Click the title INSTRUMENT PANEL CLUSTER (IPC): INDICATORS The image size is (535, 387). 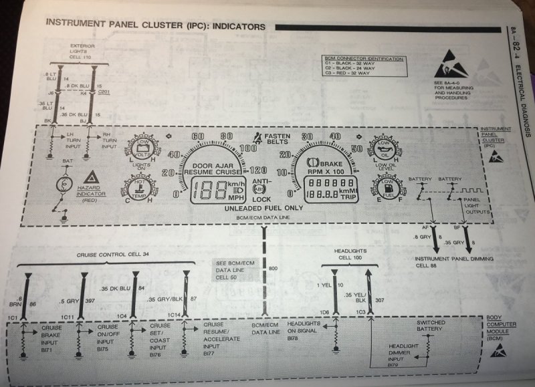tap(154, 26)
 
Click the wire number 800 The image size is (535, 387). tap(272, 268)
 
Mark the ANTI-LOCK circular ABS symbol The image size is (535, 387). tap(260, 190)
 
